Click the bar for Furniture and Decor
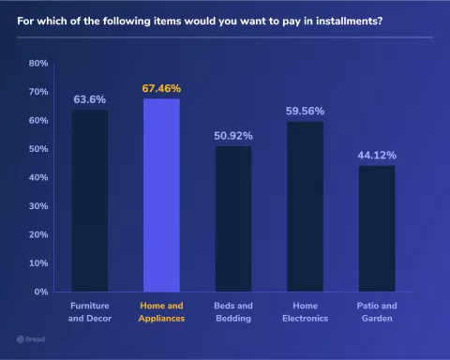click(90, 201)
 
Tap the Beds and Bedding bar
click(233, 218)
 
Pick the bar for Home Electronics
click(305, 206)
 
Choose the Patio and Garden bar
click(376, 228)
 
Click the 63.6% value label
click(90, 98)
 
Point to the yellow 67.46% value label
click(161, 88)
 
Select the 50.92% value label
click(233, 135)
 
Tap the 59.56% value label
click(305, 111)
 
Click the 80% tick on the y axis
click(38, 63)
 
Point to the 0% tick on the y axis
click(41, 292)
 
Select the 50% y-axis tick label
click(38, 149)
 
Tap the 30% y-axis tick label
click(38, 206)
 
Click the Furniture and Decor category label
click(90, 311)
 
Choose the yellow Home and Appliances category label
click(161, 311)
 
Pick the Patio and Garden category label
click(376, 311)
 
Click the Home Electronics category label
click(305, 311)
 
